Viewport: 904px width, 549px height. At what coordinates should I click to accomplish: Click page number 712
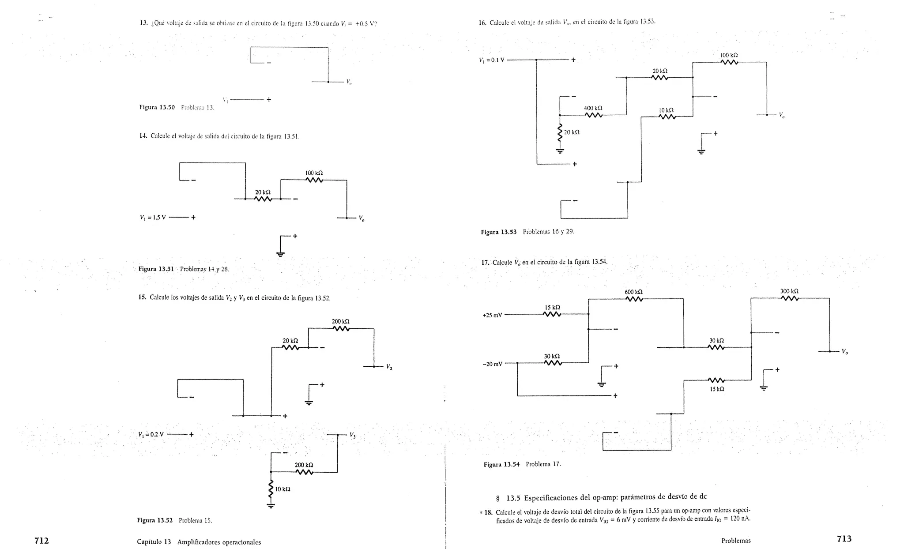tap(41, 540)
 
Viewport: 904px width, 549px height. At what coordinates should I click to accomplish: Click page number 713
tap(844, 538)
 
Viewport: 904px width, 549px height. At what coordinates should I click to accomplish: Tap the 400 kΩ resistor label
tap(593, 108)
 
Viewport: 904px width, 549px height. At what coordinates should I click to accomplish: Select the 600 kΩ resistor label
tap(633, 292)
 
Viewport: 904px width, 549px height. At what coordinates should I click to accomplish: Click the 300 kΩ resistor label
tap(789, 291)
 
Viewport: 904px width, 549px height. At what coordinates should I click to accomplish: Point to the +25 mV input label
tap(492, 315)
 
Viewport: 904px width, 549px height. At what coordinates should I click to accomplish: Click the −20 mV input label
tap(492, 364)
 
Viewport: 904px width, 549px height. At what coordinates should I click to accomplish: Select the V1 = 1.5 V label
tap(152, 218)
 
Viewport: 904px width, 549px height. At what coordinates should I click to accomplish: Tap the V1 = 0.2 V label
tap(151, 434)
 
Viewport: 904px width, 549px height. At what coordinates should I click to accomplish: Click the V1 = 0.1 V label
tap(492, 60)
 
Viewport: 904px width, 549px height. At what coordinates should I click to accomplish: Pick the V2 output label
tap(389, 367)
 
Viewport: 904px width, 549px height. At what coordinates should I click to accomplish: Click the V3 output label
tap(352, 435)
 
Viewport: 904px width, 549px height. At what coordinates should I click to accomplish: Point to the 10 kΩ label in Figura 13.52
tap(282, 489)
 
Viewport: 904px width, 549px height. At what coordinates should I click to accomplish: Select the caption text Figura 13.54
tap(501, 464)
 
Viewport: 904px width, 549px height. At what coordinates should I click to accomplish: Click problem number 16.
tap(482, 23)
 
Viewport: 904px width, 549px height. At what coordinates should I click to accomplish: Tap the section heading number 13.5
tap(513, 498)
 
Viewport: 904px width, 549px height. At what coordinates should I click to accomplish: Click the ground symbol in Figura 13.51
tap(280, 254)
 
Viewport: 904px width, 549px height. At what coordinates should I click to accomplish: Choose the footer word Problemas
tap(736, 540)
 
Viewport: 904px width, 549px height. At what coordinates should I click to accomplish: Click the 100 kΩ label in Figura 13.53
tap(729, 56)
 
